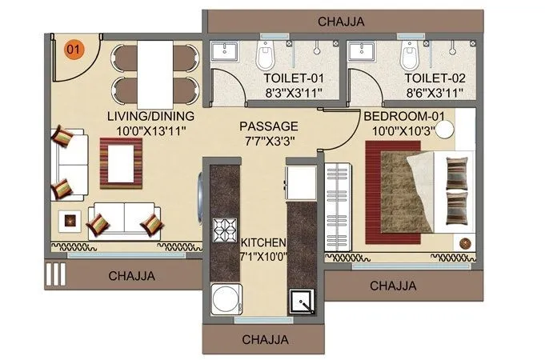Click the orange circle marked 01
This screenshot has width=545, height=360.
tap(74, 50)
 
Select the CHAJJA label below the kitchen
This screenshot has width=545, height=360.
tap(265, 339)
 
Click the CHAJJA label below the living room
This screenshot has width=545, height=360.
tap(132, 276)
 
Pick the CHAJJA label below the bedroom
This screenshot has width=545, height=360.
tap(393, 285)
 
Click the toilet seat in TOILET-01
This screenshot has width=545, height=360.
tap(265, 55)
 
